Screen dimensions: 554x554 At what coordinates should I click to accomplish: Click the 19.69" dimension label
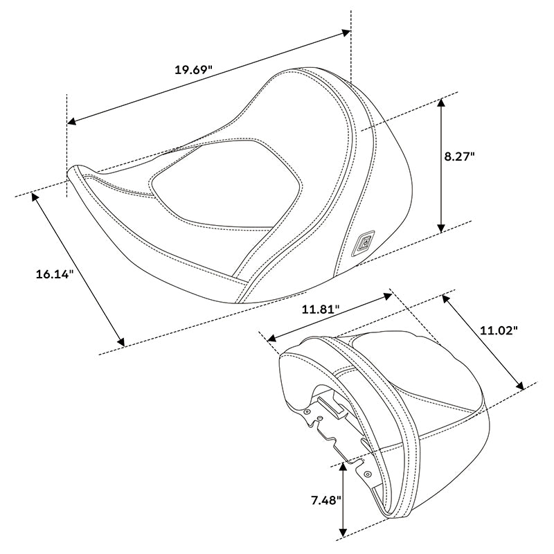(x=193, y=70)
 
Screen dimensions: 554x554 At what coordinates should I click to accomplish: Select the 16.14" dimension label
(x=55, y=274)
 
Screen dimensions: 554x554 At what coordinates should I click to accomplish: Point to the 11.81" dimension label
(x=321, y=310)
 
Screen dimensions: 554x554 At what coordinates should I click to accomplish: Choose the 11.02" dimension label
(x=499, y=331)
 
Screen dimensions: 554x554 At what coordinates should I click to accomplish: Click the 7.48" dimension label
(x=326, y=500)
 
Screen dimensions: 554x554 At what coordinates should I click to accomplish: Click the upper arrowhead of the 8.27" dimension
(x=441, y=103)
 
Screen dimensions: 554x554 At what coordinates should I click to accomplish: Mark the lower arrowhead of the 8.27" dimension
(x=441, y=228)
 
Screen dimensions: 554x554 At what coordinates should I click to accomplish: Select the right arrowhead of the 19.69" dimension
(x=345, y=33)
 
